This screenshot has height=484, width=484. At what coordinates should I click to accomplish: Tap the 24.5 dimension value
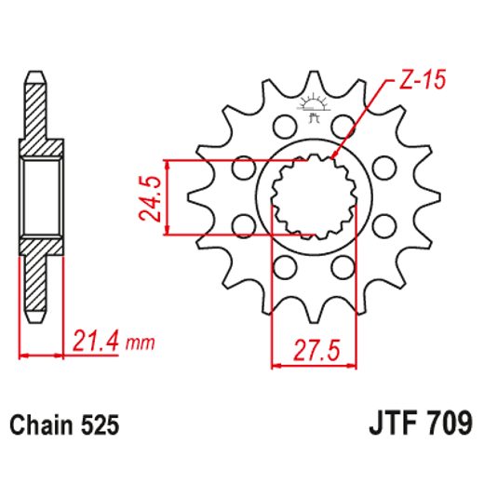[x=151, y=196]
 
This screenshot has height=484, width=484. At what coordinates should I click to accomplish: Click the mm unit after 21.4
[x=140, y=343]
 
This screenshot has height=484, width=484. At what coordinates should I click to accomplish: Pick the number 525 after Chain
[x=100, y=425]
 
